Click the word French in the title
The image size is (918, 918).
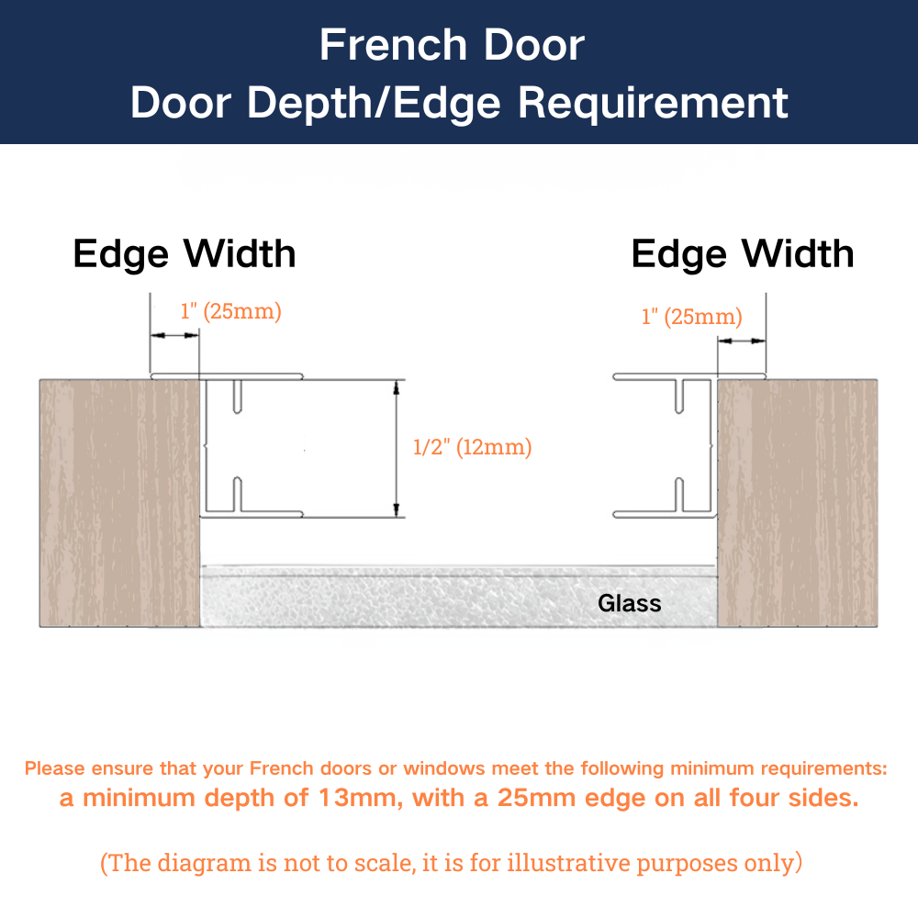pyautogui.click(x=393, y=45)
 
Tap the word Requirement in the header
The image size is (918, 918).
pyautogui.click(x=653, y=103)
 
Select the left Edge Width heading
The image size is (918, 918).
pyautogui.click(x=185, y=254)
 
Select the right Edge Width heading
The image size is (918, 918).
pyautogui.click(x=743, y=254)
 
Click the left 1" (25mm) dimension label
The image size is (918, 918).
pyautogui.click(x=230, y=311)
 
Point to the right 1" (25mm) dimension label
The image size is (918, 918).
pyautogui.click(x=691, y=317)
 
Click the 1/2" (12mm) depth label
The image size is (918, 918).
pyautogui.click(x=472, y=447)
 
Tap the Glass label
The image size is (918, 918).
pyautogui.click(x=630, y=604)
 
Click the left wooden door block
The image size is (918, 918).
pyautogui.click(x=120, y=503)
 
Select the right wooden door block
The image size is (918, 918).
pyautogui.click(x=798, y=503)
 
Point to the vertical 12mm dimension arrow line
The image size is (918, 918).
pyautogui.click(x=397, y=449)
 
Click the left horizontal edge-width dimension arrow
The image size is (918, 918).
pyautogui.click(x=174, y=335)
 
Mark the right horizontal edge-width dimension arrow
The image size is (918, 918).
pyautogui.click(x=742, y=341)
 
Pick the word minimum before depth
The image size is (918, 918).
pyautogui.click(x=139, y=798)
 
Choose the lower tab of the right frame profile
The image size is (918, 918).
pyautogui.click(x=679, y=495)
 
